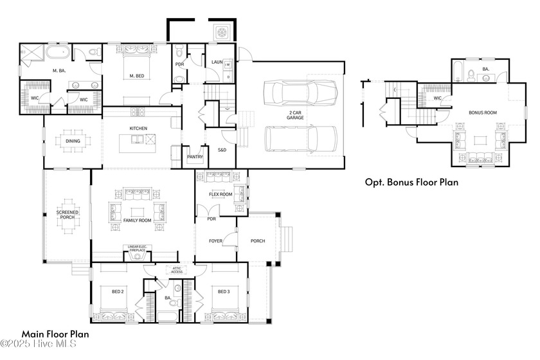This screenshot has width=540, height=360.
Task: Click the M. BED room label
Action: tap(136, 76)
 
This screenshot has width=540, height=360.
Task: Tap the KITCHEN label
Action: tap(138, 129)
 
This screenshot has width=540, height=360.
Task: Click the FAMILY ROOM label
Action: tap(137, 221)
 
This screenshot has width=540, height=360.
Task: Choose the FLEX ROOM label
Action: tap(221, 194)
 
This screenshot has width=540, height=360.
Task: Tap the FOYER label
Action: tap(216, 241)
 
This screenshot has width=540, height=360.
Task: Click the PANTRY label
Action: tap(195, 156)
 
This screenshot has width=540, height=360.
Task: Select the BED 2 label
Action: tap(118, 292)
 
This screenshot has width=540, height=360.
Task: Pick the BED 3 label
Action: tap(223, 292)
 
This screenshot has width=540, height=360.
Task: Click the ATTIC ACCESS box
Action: tap(177, 270)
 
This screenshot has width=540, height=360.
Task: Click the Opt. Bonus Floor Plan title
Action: tap(411, 182)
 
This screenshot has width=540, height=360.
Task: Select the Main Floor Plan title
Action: tap(55, 334)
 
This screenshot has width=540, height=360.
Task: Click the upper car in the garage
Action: tap(301, 93)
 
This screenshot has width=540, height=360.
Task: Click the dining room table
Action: tap(71, 141)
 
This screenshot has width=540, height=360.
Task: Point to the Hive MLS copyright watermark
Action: tap(39, 345)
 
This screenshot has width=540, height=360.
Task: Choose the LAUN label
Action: tap(217, 62)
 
